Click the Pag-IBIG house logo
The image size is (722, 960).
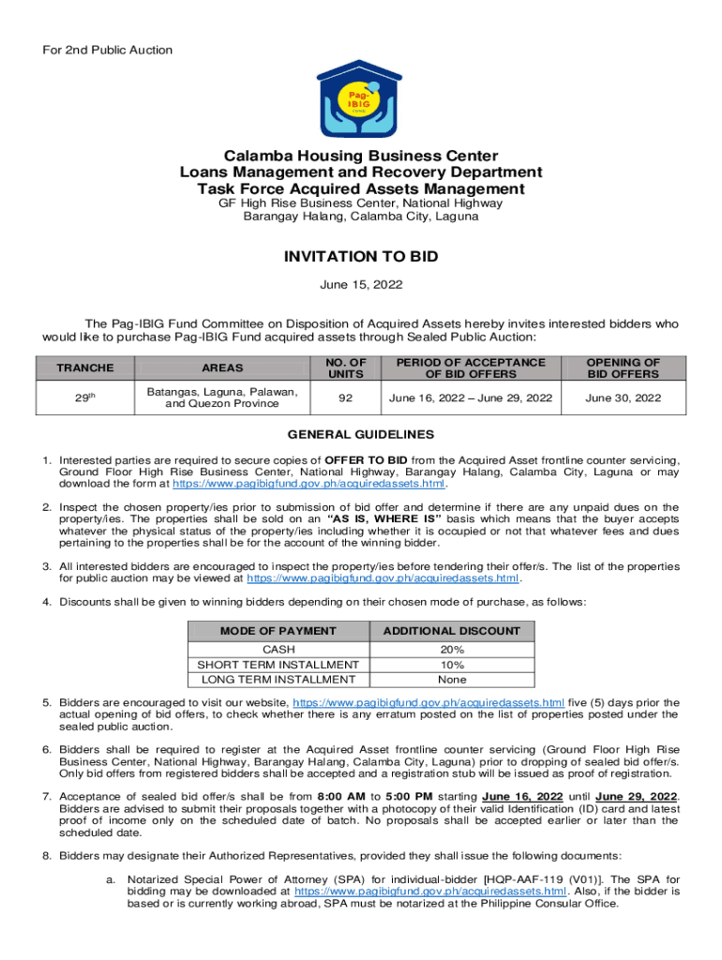click(360, 98)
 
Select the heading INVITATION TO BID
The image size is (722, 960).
click(360, 257)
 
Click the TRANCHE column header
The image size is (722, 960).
click(84, 368)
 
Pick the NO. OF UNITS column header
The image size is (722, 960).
click(346, 368)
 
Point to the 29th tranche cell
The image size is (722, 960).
click(84, 398)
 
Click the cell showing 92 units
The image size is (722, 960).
click(346, 398)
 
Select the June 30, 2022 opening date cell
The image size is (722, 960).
click(623, 398)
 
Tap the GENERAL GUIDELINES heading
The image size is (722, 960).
click(360, 435)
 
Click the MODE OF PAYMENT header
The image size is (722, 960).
click(278, 631)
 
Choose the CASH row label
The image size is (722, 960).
click(278, 649)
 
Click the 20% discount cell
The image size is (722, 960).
click(451, 649)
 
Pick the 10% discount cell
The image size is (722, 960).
click(451, 665)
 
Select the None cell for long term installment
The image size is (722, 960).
click(451, 680)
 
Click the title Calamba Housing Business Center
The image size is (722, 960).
click(360, 156)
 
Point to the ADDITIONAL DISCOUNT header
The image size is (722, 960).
click(451, 631)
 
